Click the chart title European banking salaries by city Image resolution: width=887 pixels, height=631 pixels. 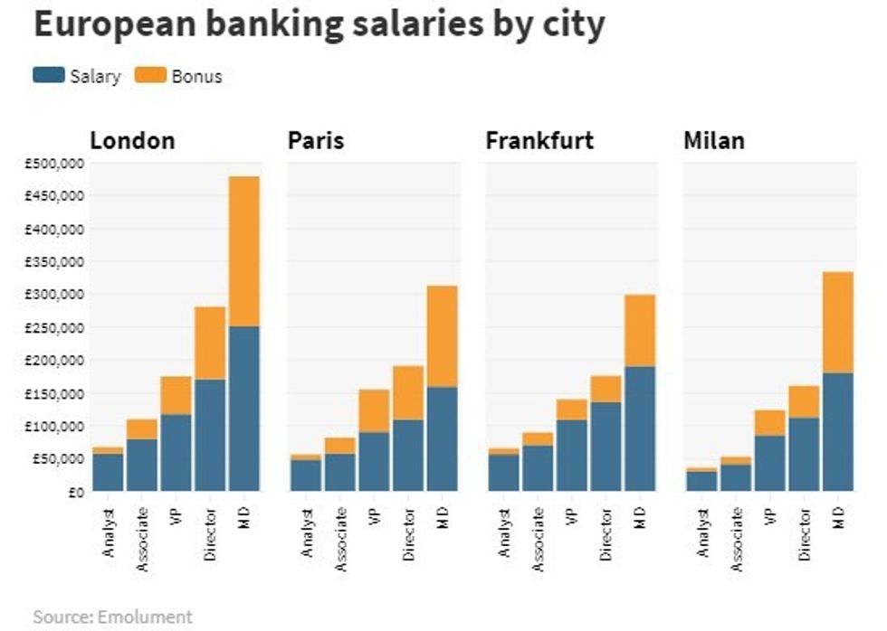[x=319, y=25]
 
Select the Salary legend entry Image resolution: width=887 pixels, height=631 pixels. [x=77, y=76]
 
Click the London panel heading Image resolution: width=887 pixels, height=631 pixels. [x=132, y=141]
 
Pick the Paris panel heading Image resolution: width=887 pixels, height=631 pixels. [x=316, y=141]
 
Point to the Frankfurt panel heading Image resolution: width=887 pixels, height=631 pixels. [x=539, y=141]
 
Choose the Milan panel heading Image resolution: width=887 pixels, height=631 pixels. [x=715, y=141]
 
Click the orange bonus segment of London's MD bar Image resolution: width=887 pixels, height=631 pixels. [x=244, y=250]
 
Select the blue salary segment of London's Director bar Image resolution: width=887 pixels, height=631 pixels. [x=210, y=434]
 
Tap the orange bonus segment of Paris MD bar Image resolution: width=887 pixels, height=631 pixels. [x=443, y=335]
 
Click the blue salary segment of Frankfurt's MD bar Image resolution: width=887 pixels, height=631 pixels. [x=640, y=428]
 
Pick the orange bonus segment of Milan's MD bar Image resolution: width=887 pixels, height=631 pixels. [x=838, y=322]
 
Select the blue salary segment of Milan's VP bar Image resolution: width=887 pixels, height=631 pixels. [x=769, y=463]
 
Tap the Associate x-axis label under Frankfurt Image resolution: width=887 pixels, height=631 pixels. [x=539, y=541]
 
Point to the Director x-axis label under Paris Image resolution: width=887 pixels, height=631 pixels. [x=409, y=535]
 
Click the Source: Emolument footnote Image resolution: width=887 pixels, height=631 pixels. [x=113, y=617]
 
